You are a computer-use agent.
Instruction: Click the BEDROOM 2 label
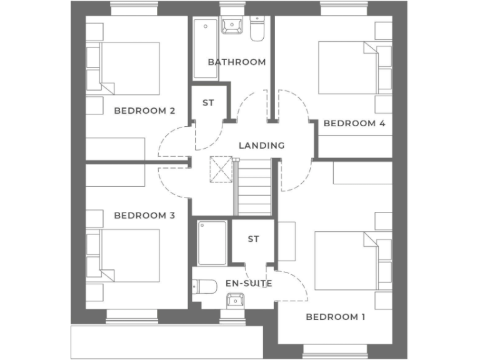(x=144, y=111)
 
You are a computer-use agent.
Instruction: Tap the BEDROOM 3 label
(x=144, y=216)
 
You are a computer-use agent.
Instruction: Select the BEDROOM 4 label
(x=354, y=123)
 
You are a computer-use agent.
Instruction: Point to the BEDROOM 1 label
(x=336, y=317)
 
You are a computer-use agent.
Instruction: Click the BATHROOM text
(x=237, y=62)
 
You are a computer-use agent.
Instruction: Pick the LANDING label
(x=261, y=145)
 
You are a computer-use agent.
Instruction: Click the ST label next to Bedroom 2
(x=208, y=102)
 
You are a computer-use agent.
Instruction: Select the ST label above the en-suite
(x=253, y=239)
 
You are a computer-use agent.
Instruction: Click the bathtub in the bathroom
(x=206, y=49)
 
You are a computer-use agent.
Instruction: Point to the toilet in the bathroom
(x=257, y=28)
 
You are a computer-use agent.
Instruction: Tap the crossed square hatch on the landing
(x=221, y=167)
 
